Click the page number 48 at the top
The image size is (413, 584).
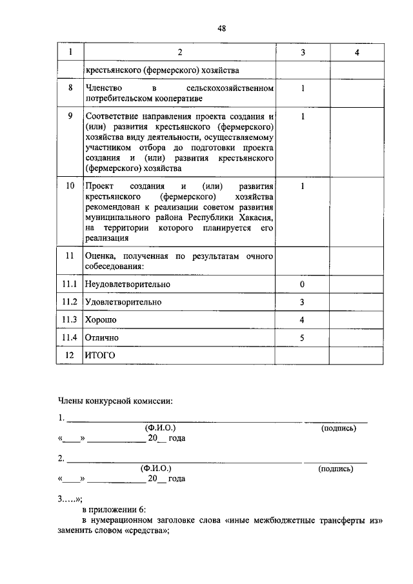(x=221, y=28)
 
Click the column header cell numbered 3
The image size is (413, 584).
(x=302, y=52)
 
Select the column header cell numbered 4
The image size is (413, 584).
(x=356, y=52)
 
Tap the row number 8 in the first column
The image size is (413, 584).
(x=70, y=87)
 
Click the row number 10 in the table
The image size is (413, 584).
(x=70, y=186)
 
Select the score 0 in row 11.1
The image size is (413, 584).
(x=302, y=284)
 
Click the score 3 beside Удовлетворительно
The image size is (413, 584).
(x=302, y=302)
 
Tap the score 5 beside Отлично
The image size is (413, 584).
(x=302, y=337)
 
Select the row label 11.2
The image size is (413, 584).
(x=70, y=302)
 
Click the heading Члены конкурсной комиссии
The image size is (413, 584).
(x=116, y=401)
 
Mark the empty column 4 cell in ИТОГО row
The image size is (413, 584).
(x=356, y=355)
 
